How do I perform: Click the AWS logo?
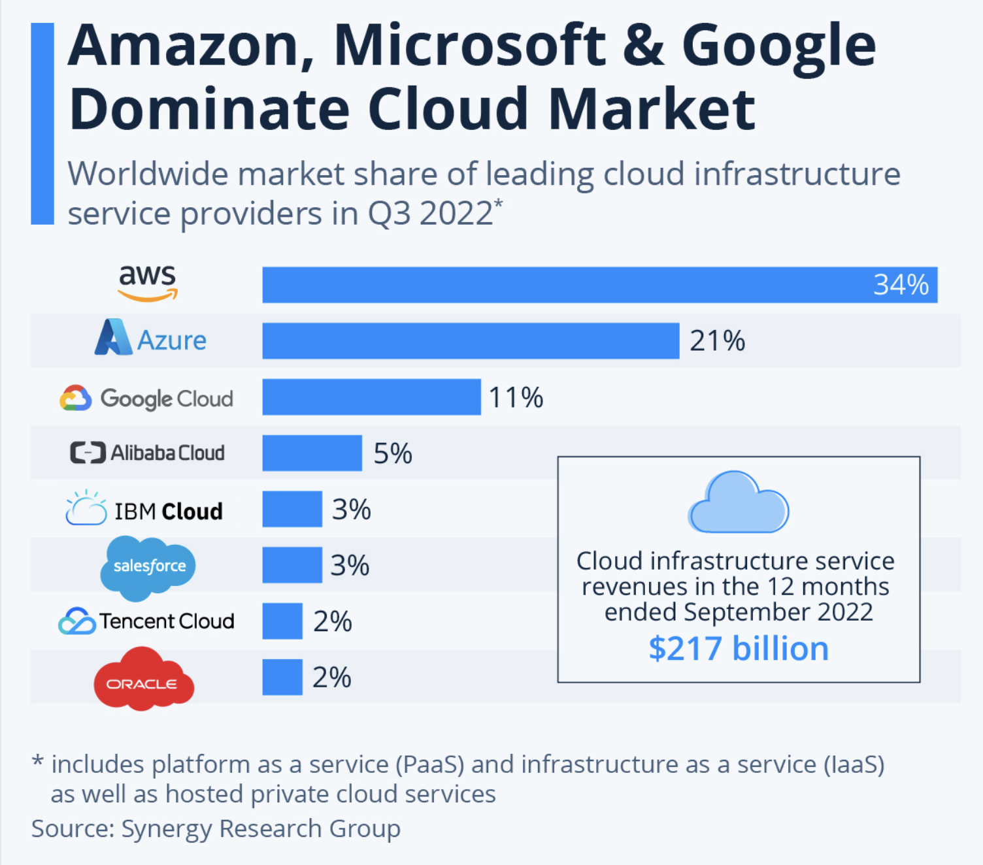tap(148, 282)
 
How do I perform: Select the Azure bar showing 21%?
tap(471, 340)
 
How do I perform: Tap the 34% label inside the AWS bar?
tap(901, 285)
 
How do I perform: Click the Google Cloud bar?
tap(371, 397)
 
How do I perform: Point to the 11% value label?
tap(516, 397)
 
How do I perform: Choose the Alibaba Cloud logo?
tap(148, 453)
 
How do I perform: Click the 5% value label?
tap(392, 453)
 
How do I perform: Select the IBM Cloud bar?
tap(292, 509)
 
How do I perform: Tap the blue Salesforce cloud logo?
tap(148, 566)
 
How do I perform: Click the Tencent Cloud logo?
tap(146, 621)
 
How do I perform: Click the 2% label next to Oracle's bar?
tap(331, 677)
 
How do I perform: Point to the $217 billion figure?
tap(739, 649)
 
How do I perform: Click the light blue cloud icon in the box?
tap(739, 503)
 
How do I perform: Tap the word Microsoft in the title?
tap(470, 46)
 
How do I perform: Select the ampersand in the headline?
tap(644, 46)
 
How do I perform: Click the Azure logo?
tap(151, 338)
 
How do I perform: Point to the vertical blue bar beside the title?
tap(42, 123)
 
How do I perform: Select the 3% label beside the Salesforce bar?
tap(350, 565)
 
